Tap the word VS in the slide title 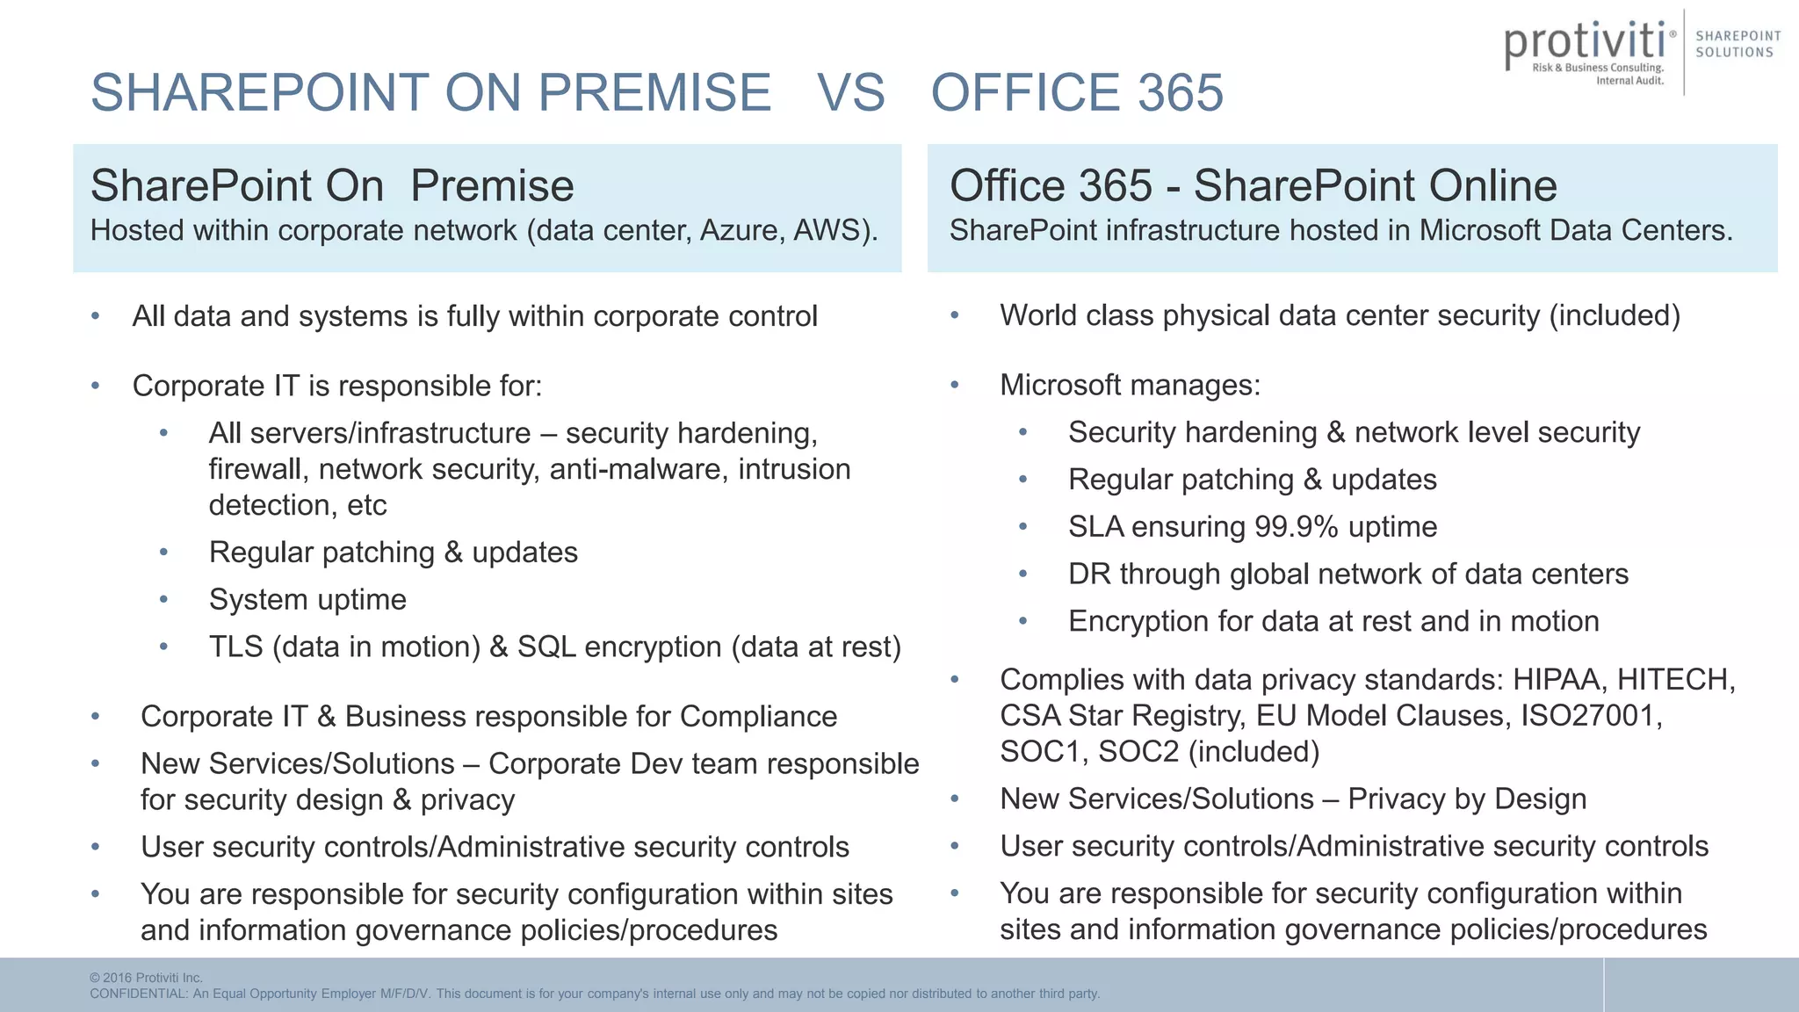(850, 92)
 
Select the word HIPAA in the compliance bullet (1560, 680)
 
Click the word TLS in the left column (235, 647)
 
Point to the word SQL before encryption (546, 647)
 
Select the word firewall (255, 470)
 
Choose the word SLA (1095, 527)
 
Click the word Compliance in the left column (758, 717)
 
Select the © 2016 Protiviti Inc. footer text (146, 978)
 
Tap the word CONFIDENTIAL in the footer (138, 994)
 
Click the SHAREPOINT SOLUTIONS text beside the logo (1738, 44)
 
